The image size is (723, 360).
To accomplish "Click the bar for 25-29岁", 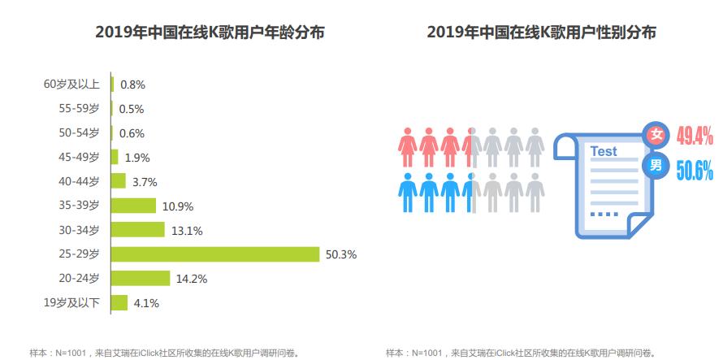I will (215, 254).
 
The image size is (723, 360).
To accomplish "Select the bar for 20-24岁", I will (141, 279).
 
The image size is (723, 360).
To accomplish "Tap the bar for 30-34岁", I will (138, 230).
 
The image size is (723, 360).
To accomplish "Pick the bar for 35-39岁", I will (133, 206).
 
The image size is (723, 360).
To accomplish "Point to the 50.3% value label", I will (341, 254).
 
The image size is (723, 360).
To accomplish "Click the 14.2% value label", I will (191, 279).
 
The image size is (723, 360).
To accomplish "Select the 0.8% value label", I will (132, 84).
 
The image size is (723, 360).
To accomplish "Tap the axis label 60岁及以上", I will (71, 84).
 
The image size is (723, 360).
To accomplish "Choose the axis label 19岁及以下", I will (71, 303).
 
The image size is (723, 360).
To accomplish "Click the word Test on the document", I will (603, 151).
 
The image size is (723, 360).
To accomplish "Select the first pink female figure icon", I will (407, 143).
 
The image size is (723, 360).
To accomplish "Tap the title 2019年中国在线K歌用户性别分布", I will (542, 33).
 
